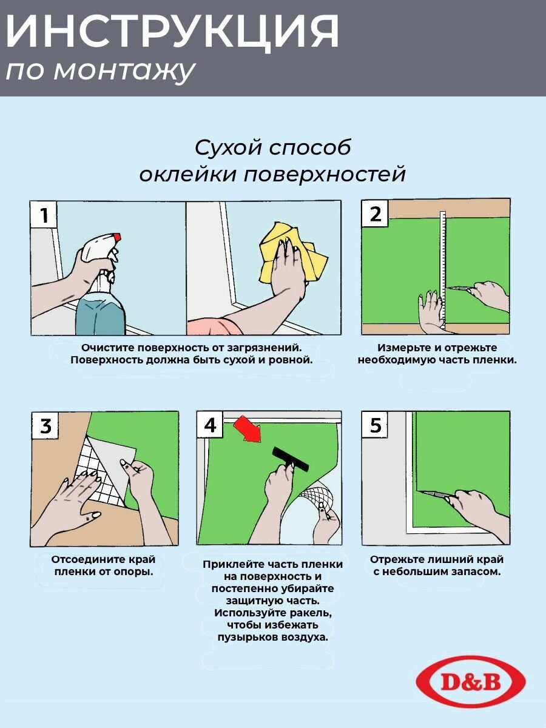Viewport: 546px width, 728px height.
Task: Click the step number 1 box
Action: click(x=44, y=214)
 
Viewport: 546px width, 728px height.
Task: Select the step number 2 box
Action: click(x=375, y=214)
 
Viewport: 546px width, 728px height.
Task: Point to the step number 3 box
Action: click(x=45, y=425)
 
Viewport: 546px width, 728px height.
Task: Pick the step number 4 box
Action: click(x=210, y=425)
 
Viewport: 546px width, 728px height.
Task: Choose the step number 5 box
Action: click(x=375, y=425)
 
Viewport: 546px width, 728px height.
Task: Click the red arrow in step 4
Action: click(x=248, y=429)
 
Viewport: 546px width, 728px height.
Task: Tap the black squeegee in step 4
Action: click(x=291, y=459)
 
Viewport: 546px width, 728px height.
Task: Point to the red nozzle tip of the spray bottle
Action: click(x=116, y=237)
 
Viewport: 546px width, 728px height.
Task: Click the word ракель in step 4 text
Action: click(x=311, y=613)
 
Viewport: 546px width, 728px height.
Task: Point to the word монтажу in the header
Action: click(x=124, y=72)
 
